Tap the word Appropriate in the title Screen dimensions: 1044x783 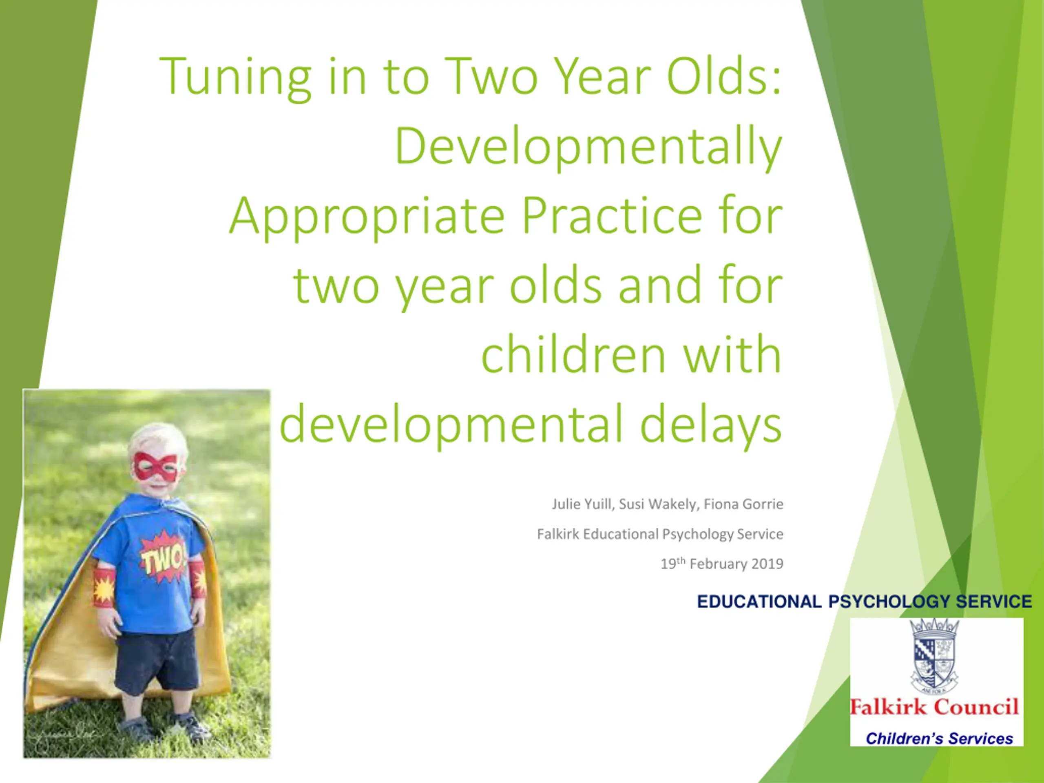pyautogui.click(x=367, y=217)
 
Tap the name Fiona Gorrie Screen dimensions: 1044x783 pyautogui.click(x=743, y=504)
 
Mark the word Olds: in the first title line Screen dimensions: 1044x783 pyautogui.click(x=724, y=77)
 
